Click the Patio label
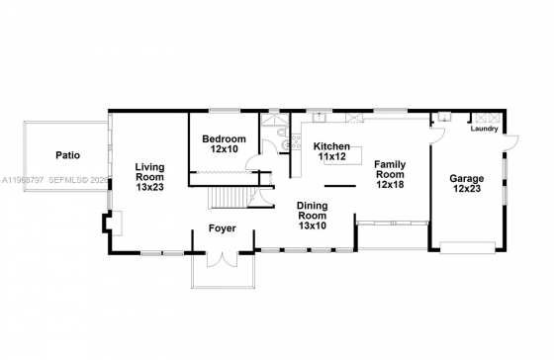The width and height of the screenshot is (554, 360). coord(68,155)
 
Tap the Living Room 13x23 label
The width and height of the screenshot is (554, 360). coord(150,177)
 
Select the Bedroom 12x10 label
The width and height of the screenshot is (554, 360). coord(224,143)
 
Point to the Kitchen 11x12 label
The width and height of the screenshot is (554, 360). coord(331,151)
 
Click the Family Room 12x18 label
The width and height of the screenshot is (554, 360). coord(390,174)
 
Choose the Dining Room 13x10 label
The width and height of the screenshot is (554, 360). coord(313,216)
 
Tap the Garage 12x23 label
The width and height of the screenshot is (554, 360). coord(467,183)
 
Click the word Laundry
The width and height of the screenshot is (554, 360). coord(484,129)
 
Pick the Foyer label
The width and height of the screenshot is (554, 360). coord(223,228)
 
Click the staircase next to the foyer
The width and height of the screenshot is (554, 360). coord(230,198)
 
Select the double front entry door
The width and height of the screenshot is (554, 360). coord(223,260)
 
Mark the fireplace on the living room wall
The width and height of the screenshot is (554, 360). coord(113,224)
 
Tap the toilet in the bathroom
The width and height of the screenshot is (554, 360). coord(281,133)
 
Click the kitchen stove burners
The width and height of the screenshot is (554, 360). coord(296,142)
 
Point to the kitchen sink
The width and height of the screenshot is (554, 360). coord(320,117)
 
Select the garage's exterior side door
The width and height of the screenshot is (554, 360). coord(511,142)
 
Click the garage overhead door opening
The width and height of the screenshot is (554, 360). coord(467,247)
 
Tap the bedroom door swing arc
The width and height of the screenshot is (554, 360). coord(252,162)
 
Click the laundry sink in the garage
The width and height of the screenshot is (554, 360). coord(444,117)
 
